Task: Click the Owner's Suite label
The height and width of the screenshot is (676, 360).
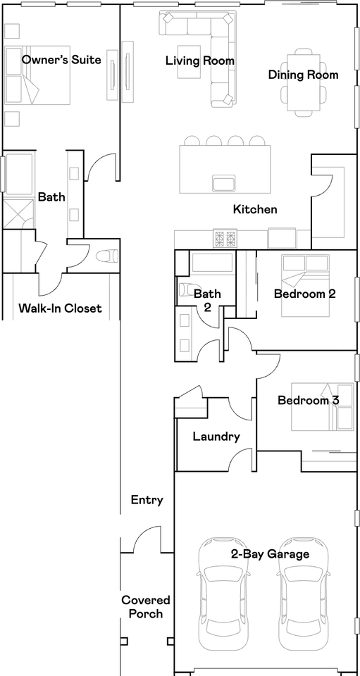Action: tap(61, 60)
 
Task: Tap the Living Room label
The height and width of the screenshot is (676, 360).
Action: tap(200, 61)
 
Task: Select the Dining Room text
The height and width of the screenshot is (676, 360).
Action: tap(303, 75)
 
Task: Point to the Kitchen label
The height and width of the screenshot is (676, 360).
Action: tap(255, 209)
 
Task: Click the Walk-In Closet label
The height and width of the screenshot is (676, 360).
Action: tap(60, 308)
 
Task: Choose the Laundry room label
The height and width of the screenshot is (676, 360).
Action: tap(216, 437)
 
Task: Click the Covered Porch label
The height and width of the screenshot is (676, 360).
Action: tap(146, 606)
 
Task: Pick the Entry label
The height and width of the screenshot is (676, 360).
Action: tap(147, 500)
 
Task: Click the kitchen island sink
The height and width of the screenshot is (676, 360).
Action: tap(224, 184)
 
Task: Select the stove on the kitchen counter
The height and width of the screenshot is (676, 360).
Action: tap(225, 239)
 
